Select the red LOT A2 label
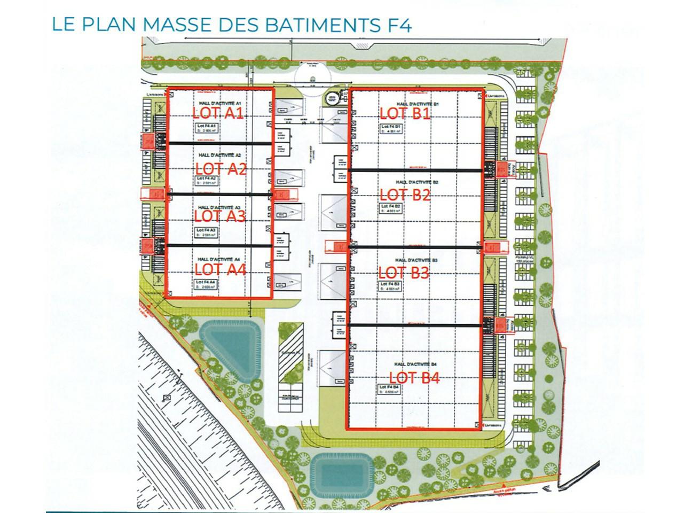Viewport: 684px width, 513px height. point(221,169)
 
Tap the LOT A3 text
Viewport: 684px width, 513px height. point(219,216)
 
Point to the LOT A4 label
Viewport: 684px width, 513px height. point(220,269)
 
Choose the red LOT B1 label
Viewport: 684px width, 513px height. point(405,113)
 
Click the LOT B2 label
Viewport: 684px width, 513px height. point(405,195)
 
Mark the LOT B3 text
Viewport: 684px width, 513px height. point(404,273)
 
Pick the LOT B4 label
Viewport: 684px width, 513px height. point(414,378)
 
